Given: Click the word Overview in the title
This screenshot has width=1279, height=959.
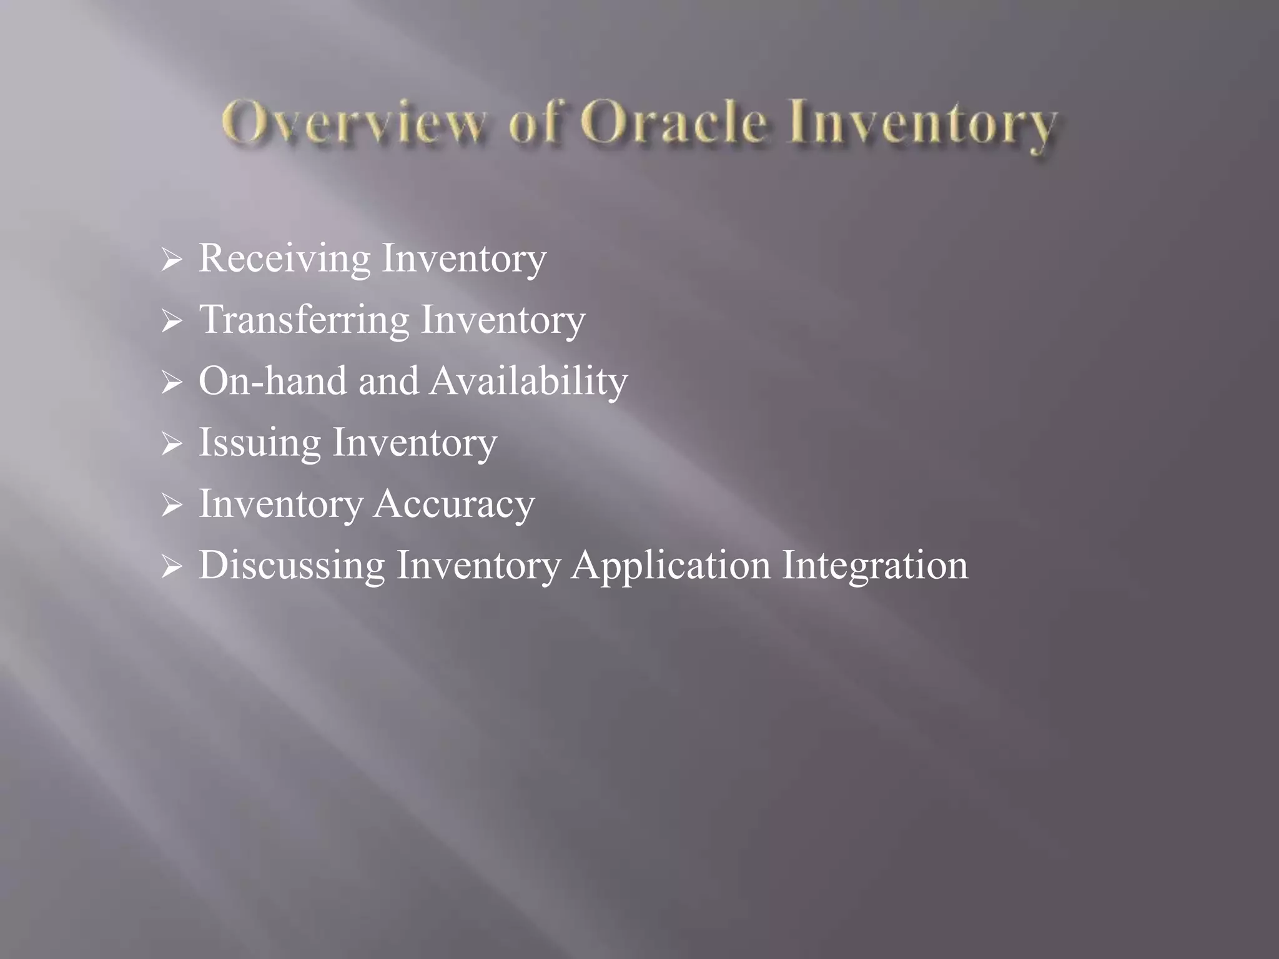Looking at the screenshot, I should click(x=353, y=124).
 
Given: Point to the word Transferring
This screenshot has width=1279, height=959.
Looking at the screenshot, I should click(x=304, y=319).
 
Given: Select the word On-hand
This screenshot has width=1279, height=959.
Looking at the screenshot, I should click(x=272, y=380).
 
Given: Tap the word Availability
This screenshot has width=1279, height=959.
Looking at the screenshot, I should click(x=528, y=381).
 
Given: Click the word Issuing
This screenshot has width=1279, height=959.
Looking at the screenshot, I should click(x=259, y=443).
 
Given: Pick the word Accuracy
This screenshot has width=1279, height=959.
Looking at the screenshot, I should click(x=454, y=504).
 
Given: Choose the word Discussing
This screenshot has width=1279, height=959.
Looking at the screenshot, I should click(x=292, y=565).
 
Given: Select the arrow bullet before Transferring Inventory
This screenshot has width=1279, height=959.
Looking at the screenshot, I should click(x=170, y=322).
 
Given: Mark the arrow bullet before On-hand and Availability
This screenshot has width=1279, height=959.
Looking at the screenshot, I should click(x=170, y=383).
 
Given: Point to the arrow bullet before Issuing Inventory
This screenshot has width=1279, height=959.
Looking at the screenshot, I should click(x=170, y=444).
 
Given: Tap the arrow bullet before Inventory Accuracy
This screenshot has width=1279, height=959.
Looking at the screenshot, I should click(x=170, y=505).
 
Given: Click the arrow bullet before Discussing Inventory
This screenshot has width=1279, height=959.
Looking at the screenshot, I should click(x=170, y=566).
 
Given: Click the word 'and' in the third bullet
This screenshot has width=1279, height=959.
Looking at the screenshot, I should click(x=388, y=380).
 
